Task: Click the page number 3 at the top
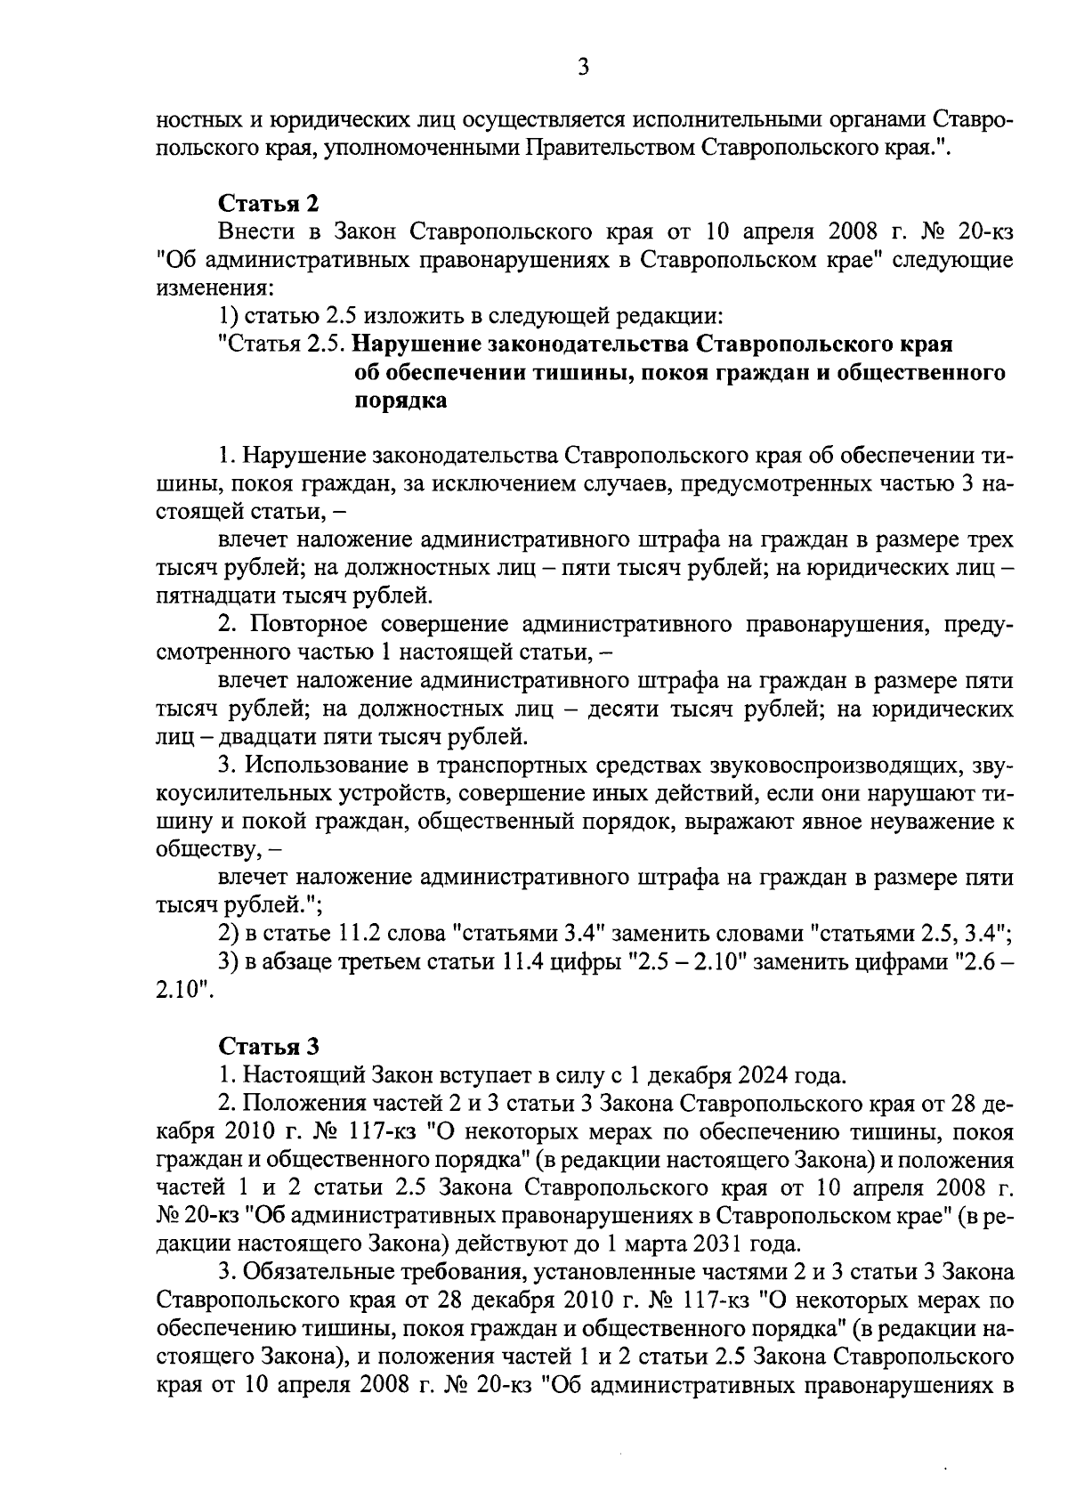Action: (583, 68)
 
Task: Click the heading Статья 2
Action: (268, 204)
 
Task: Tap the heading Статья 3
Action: (268, 1046)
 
